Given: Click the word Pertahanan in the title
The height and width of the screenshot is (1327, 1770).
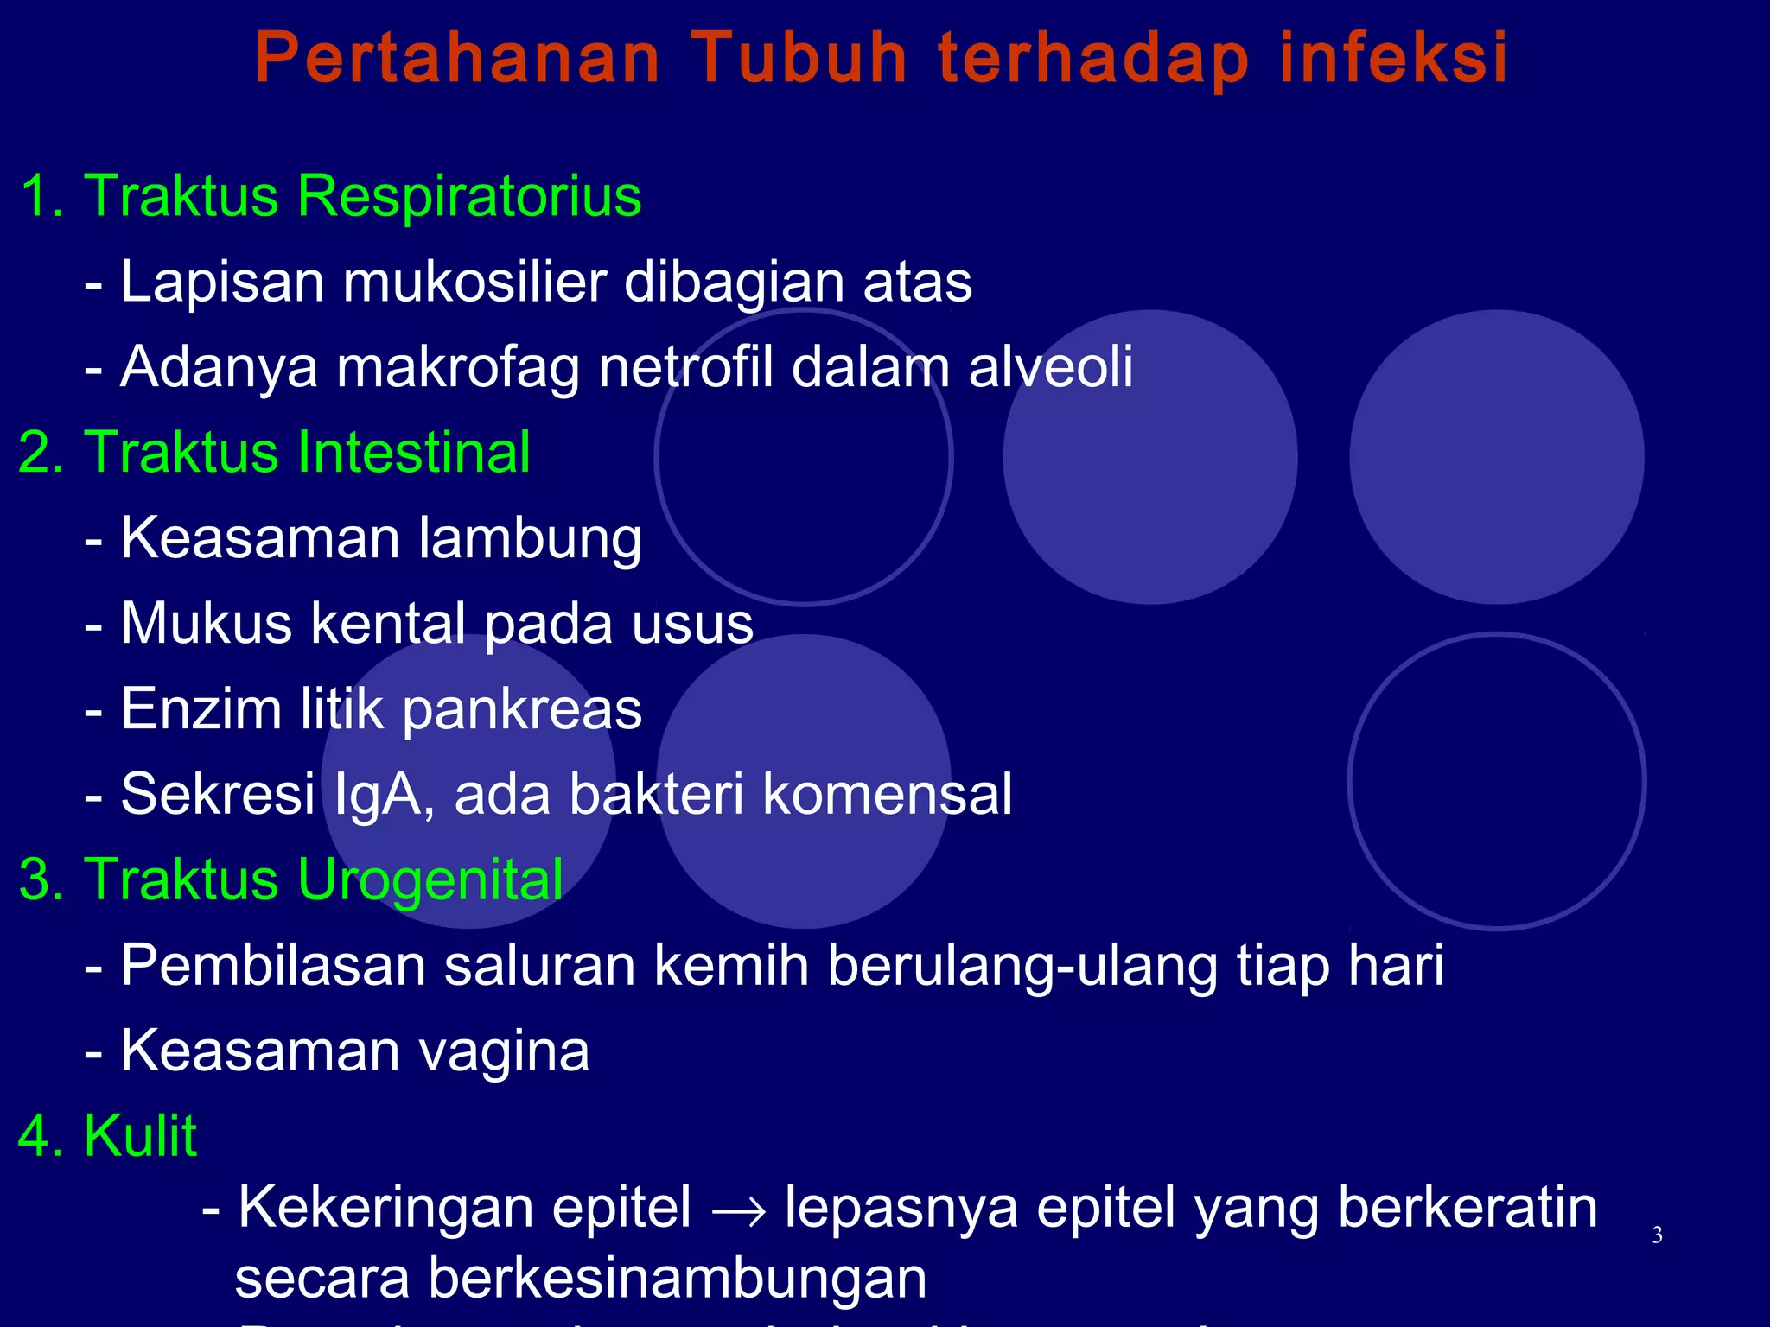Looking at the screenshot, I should tap(458, 59).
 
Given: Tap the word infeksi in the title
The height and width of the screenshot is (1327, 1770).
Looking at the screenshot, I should tap(1393, 59).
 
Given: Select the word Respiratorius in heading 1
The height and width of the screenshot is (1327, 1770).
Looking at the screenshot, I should tap(469, 197).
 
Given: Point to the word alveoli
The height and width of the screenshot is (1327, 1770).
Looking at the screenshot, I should tap(1050, 366).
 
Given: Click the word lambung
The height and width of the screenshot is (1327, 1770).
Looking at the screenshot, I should tap(530, 539).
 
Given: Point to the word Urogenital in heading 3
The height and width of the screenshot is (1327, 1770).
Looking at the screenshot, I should tap(430, 880).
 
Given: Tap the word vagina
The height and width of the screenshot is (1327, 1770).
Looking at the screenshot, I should tap(504, 1051).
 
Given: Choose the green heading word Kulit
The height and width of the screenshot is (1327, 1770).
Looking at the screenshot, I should tap(141, 1135).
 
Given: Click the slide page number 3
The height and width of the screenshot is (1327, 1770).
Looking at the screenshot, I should tap(1657, 1235).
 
